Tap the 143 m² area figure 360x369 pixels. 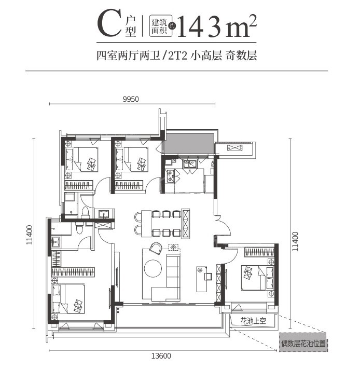[216, 26]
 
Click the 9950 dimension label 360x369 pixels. [131, 99]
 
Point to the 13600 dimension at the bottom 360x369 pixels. [161, 356]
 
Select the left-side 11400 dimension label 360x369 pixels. [30, 235]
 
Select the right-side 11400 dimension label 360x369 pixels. [295, 241]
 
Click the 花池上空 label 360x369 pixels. [253, 321]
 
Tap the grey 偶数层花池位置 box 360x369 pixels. [303, 343]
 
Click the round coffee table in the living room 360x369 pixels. [153, 268]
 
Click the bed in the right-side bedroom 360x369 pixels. [257, 278]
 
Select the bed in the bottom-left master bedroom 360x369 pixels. [68, 298]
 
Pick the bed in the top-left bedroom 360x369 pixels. [81, 159]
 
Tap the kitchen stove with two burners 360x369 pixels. [170, 176]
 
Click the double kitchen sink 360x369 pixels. [190, 164]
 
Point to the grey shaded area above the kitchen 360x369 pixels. [189, 144]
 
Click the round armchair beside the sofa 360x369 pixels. [156, 249]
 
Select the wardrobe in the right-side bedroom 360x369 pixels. [259, 252]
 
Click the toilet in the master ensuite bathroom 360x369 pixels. [79, 228]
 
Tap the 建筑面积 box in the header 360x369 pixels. [161, 26]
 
